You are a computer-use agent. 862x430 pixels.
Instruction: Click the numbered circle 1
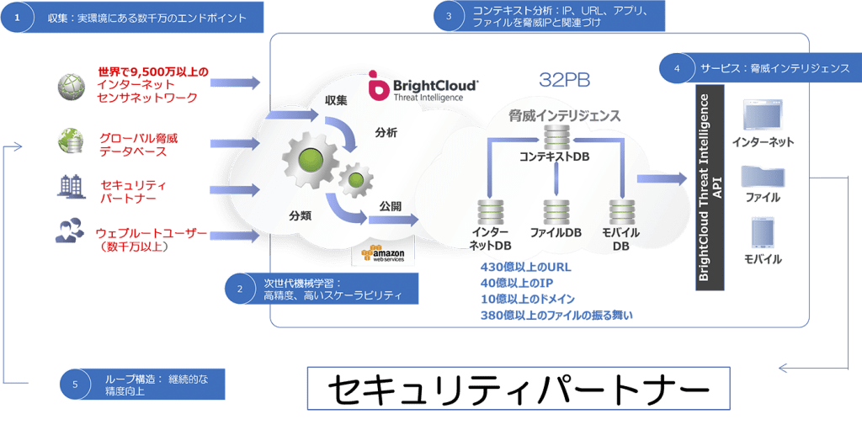15,19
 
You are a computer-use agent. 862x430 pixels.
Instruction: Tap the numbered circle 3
449,15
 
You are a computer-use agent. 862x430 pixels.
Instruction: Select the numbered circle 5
76,385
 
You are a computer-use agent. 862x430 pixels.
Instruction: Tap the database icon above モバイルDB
621,211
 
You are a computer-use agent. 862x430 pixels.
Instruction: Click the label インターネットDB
490,239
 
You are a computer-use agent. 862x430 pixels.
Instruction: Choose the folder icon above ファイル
761,176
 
